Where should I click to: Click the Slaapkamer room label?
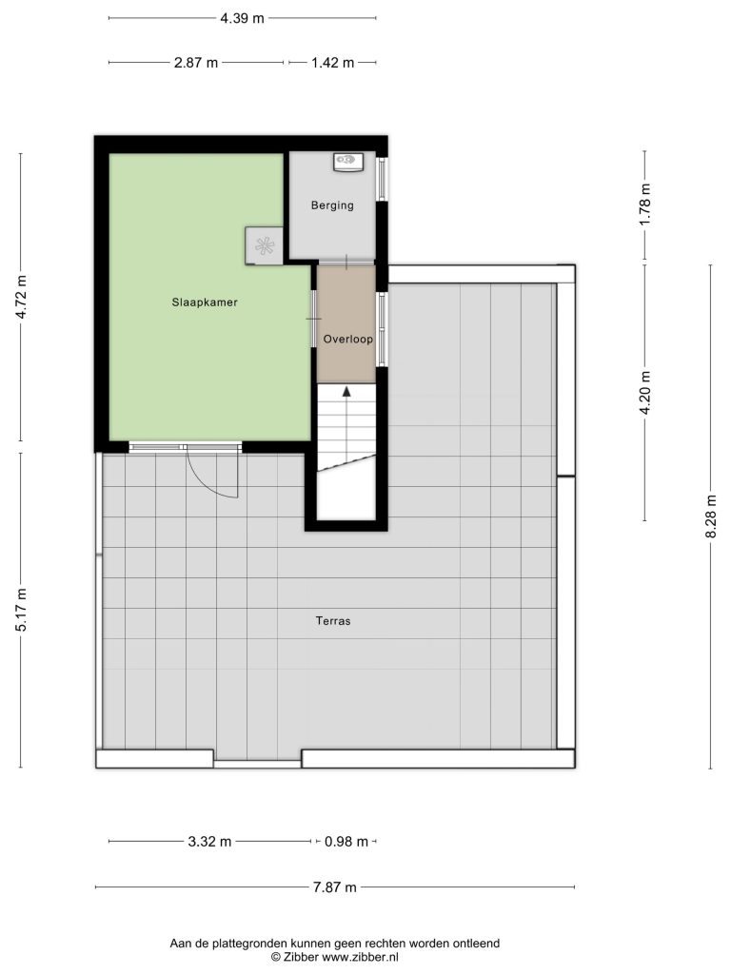point(205,302)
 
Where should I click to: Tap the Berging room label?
point(332,205)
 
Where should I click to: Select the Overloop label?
point(347,340)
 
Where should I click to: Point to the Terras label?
point(333,620)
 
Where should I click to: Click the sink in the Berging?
point(347,162)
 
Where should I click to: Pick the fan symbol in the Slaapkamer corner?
point(265,246)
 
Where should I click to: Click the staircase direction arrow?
point(346,391)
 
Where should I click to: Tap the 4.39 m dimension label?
point(242,18)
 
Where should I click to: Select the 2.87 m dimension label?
point(196,63)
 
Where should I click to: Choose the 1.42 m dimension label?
point(332,63)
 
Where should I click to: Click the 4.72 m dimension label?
point(22,297)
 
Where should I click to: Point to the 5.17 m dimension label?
point(22,610)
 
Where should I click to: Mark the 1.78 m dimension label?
point(645,205)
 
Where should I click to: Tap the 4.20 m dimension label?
point(645,393)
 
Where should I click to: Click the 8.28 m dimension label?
point(712,516)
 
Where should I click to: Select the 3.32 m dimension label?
point(209,842)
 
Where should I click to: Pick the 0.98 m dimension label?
point(346,842)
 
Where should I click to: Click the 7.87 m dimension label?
point(334,887)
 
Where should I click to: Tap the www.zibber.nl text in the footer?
point(360,957)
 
